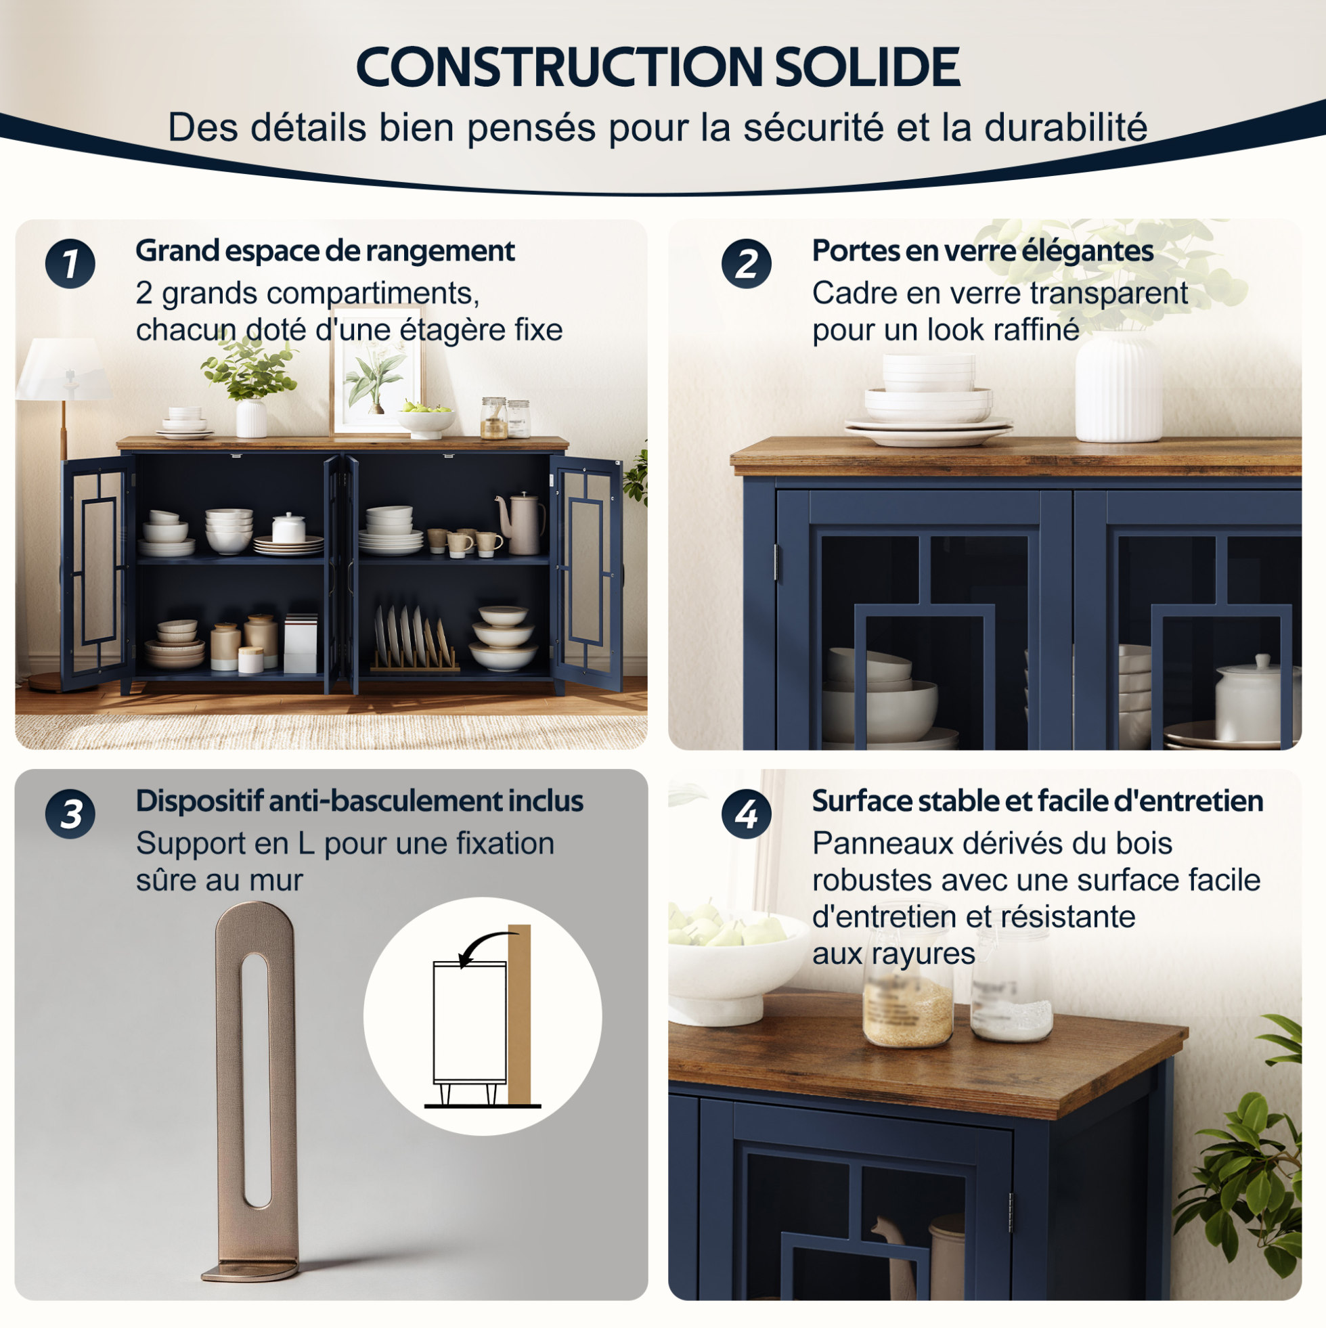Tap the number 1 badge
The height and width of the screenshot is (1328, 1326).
pyautogui.click(x=70, y=264)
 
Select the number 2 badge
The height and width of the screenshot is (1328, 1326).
pyautogui.click(x=747, y=264)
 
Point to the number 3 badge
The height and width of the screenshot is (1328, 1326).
pyautogui.click(x=70, y=814)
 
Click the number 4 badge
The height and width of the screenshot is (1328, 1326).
pyautogui.click(x=747, y=814)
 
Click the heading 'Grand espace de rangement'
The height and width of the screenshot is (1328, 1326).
pyautogui.click(x=325, y=251)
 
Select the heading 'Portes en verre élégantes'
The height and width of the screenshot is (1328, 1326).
pyautogui.click(x=983, y=251)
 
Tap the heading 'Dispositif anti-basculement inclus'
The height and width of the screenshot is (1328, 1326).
pyautogui.click(x=359, y=801)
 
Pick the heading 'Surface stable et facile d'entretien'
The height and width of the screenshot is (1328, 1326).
pyautogui.click(x=1038, y=801)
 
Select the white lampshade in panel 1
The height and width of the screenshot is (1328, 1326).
pyautogui.click(x=64, y=368)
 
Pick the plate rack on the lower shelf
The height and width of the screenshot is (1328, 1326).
pyautogui.click(x=414, y=639)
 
